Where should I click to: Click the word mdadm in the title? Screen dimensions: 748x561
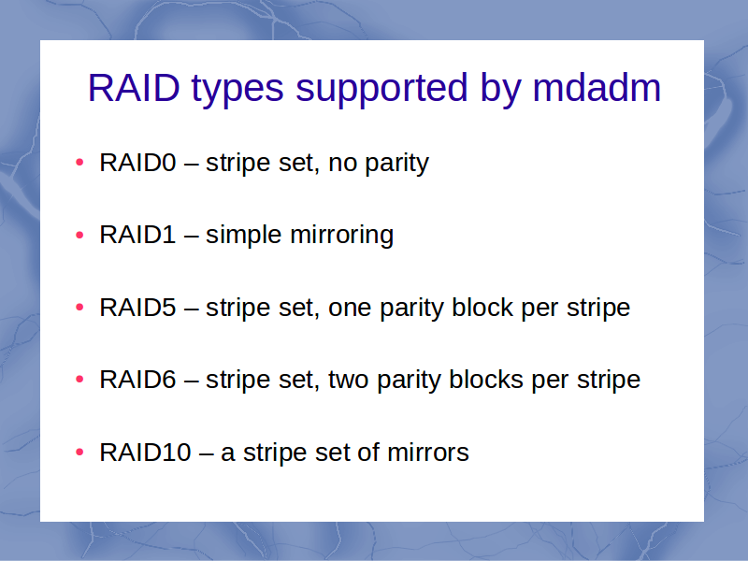point(597,88)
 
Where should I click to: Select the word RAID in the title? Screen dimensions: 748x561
point(134,88)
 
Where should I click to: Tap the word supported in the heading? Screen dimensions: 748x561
point(381,91)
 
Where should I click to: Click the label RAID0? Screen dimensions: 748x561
point(137,163)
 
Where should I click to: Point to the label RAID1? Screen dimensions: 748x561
point(137,235)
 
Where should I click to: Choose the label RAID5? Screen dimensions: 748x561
point(137,308)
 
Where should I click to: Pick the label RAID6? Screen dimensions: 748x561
point(137,380)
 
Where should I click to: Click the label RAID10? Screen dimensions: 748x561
point(146,453)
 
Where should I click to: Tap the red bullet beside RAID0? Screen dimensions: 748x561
point(79,163)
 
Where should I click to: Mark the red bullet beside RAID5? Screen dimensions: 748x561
point(79,308)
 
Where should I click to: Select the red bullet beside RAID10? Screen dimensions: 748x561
point(79,452)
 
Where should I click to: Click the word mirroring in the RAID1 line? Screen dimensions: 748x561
point(341,237)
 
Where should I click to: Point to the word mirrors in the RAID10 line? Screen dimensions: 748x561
point(428,453)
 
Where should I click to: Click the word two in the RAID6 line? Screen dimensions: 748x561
point(349,381)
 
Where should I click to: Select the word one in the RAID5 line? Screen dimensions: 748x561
point(350,309)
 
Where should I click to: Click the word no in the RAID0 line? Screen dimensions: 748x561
point(343,165)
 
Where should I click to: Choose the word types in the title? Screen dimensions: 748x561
point(237,91)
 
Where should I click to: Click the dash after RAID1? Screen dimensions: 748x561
point(191,237)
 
